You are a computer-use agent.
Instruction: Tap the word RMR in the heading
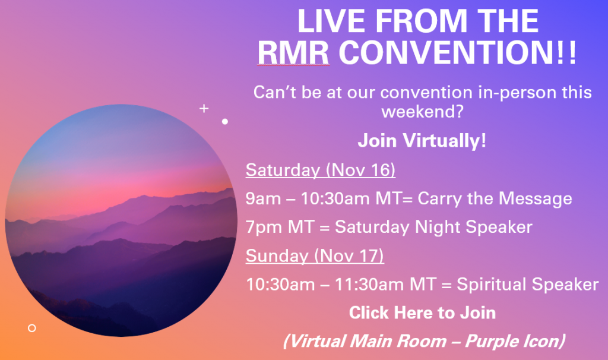coord(293,52)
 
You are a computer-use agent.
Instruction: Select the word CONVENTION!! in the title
coord(458,52)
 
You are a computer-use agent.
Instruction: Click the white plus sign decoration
coord(204,108)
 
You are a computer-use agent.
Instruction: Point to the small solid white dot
coord(225,121)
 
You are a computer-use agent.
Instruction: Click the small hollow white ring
coord(32,328)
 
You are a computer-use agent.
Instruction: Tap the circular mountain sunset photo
coord(121,220)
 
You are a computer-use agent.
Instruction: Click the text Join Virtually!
coord(422,140)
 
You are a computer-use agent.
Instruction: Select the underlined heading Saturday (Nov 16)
coord(320,170)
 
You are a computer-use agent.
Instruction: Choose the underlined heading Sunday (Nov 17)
coord(315,255)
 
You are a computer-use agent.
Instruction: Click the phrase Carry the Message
coord(495,198)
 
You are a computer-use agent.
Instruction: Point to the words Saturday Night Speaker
coord(433,227)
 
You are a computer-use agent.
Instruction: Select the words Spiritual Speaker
coord(528,285)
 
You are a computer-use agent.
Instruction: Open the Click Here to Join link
coord(422,312)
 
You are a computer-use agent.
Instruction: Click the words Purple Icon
coord(515,341)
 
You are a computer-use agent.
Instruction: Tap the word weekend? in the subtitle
coord(423,112)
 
